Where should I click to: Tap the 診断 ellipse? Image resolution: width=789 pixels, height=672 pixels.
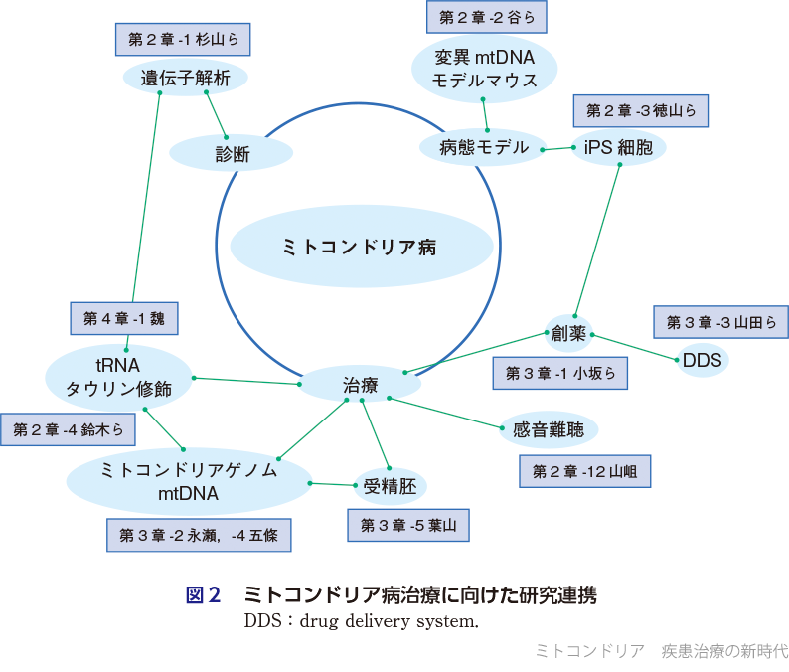click(x=232, y=154)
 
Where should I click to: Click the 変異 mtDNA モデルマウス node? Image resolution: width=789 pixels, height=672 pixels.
click(x=485, y=68)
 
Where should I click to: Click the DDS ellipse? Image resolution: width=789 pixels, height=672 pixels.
click(x=702, y=360)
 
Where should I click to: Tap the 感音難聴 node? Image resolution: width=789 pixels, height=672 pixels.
click(x=549, y=430)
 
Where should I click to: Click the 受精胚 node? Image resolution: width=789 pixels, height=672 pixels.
click(x=391, y=486)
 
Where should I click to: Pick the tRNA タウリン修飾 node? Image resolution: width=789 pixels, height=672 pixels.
click(x=118, y=377)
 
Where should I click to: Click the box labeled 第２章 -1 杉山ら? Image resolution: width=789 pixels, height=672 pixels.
click(x=183, y=40)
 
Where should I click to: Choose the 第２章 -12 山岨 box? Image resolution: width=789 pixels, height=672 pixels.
click(x=584, y=471)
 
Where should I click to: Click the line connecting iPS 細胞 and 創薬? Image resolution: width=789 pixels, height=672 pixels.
click(x=597, y=239)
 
